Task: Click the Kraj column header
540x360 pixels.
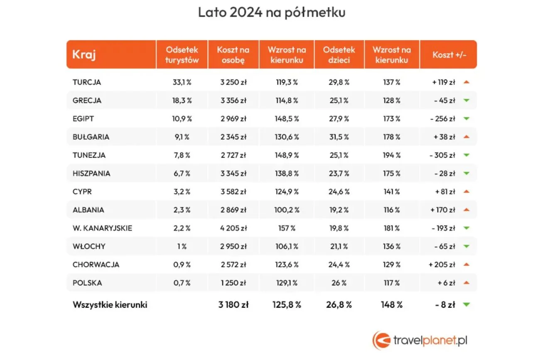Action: tap(84, 54)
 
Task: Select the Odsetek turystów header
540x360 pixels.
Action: tap(182, 55)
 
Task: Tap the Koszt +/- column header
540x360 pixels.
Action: tap(449, 55)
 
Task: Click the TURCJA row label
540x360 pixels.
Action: tap(87, 82)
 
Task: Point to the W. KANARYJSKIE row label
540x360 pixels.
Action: tap(103, 228)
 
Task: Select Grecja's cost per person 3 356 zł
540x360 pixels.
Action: tap(233, 100)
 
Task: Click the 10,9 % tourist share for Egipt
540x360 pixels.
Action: tap(182, 119)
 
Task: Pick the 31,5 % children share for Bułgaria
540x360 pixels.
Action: tap(339, 137)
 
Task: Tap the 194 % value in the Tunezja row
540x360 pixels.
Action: tap(392, 155)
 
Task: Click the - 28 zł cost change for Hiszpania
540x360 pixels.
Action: tap(444, 173)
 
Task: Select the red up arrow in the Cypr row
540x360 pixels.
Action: tap(466, 191)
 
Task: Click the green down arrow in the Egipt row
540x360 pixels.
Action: tap(466, 119)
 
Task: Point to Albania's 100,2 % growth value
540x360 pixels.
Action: tap(287, 210)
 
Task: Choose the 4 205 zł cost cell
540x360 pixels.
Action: tap(233, 228)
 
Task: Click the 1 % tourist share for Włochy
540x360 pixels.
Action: tap(182, 246)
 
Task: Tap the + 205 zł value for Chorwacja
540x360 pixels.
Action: tap(442, 264)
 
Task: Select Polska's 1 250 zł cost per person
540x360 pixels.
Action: tap(233, 283)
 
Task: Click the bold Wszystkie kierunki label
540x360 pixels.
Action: tap(110, 305)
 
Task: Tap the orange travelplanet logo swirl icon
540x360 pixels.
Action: tap(381, 340)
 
